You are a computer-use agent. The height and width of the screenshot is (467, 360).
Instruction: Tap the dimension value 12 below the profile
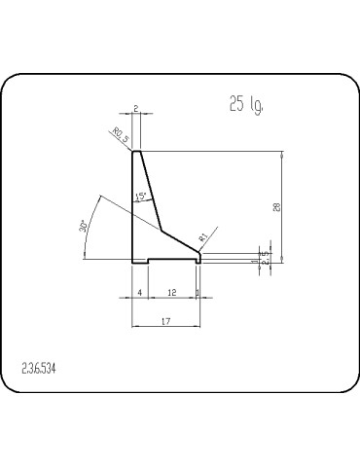[171, 292]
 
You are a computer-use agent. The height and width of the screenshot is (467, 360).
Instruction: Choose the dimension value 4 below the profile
[140, 292]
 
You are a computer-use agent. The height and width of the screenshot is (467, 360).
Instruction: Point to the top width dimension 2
[136, 110]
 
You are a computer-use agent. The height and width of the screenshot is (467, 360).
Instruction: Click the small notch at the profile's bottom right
[198, 260]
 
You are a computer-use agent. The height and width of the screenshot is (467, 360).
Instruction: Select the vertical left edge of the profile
[132, 209]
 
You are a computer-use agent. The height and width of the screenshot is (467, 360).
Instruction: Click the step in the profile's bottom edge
[148, 260]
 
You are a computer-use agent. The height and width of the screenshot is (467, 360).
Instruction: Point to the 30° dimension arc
[90, 219]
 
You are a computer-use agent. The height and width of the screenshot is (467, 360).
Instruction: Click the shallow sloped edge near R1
[180, 240]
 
